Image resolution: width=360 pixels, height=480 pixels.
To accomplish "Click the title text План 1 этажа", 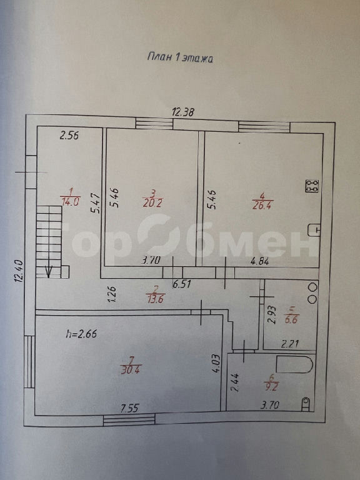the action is [180, 57].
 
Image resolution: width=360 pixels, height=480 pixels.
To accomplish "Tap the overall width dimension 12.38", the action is [182, 112].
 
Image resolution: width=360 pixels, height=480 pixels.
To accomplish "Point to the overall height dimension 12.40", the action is [19, 270].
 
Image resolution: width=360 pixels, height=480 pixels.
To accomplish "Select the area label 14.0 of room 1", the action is [71, 202].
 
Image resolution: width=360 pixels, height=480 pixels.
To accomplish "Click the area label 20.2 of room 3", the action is [152, 202].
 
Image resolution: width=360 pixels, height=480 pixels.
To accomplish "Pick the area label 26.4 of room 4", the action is [262, 205].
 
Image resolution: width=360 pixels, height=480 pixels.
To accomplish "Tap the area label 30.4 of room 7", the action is [131, 370].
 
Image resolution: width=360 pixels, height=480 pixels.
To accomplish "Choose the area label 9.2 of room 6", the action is [271, 386].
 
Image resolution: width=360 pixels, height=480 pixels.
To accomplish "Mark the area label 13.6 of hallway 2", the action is [155, 299].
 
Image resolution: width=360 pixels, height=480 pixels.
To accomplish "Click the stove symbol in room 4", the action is [312, 186].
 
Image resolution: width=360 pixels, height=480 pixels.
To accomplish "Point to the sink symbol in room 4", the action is [314, 230].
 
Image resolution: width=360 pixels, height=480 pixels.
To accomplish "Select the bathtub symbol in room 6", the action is [294, 364].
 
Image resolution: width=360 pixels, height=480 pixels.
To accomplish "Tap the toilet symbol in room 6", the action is [306, 404].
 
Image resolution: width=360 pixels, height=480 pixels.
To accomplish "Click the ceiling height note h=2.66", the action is [81, 333].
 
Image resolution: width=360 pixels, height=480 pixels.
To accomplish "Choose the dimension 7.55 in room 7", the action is [130, 408].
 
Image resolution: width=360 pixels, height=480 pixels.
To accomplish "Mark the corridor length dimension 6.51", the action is [181, 284].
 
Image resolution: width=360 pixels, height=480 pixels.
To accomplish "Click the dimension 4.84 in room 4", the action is [259, 261].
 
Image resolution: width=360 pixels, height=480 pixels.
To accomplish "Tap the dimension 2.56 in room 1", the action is [69, 135].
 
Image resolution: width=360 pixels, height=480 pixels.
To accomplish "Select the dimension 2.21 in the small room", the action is [289, 344].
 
